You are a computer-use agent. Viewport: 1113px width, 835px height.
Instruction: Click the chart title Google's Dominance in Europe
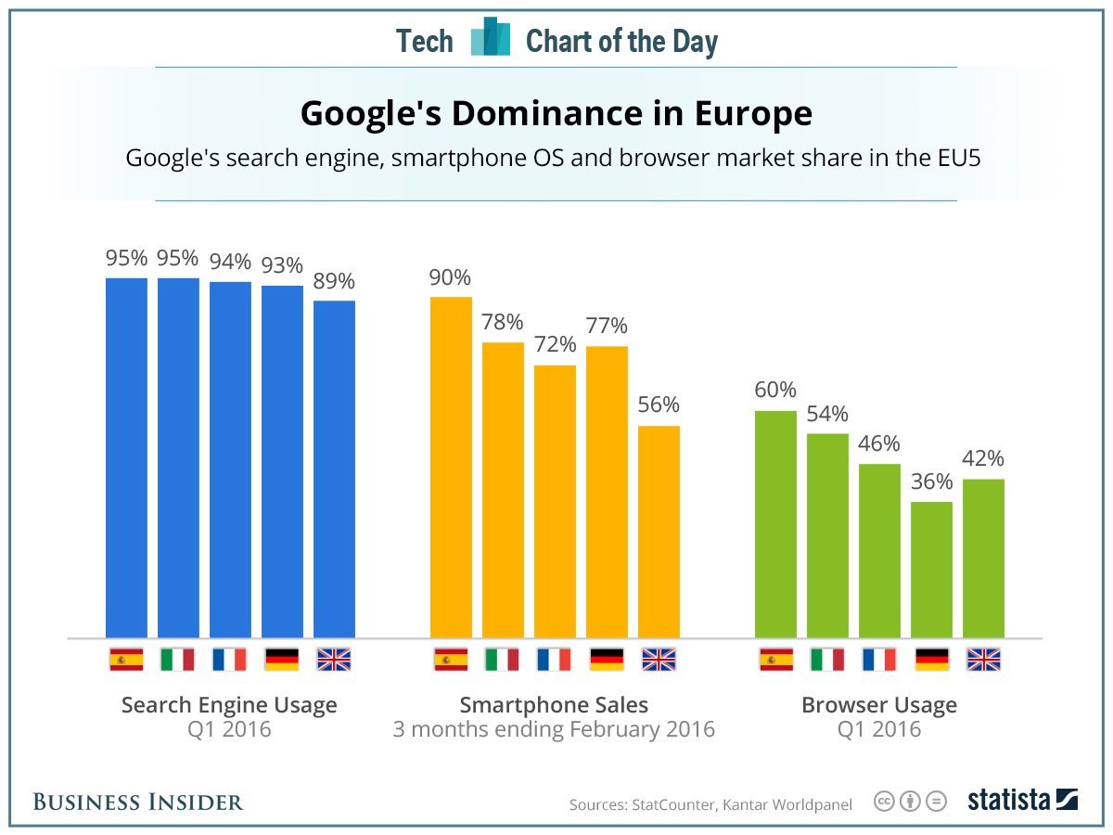click(556, 114)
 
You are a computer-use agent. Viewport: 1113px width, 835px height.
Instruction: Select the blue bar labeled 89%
click(334, 469)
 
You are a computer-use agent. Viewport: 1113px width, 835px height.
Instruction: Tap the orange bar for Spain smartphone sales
click(451, 467)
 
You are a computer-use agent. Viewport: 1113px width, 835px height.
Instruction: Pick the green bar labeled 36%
click(931, 570)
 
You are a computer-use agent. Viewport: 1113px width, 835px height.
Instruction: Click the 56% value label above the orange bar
click(658, 405)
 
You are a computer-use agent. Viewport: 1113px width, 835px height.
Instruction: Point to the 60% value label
click(774, 390)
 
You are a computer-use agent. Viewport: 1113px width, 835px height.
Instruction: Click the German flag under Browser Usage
click(931, 660)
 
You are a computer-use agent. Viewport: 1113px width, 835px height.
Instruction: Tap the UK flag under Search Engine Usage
click(334, 660)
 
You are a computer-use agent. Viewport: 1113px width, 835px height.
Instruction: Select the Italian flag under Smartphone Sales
click(502, 660)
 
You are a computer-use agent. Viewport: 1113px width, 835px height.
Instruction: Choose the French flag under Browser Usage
click(879, 660)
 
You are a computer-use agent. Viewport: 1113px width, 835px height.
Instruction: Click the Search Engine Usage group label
click(229, 705)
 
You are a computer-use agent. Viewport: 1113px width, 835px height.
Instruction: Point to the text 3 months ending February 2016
click(554, 729)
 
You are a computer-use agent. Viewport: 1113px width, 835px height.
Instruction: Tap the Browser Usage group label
click(878, 705)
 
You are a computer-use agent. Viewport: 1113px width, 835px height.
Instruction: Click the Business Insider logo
click(138, 802)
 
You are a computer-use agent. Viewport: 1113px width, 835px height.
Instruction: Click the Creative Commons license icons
click(911, 802)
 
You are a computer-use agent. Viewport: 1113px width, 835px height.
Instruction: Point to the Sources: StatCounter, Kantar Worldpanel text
click(710, 804)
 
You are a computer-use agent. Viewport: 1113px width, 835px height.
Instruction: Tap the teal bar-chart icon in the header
click(490, 38)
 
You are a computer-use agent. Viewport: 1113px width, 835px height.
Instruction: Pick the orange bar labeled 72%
click(555, 501)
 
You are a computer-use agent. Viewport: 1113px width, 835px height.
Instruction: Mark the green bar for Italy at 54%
click(827, 535)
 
